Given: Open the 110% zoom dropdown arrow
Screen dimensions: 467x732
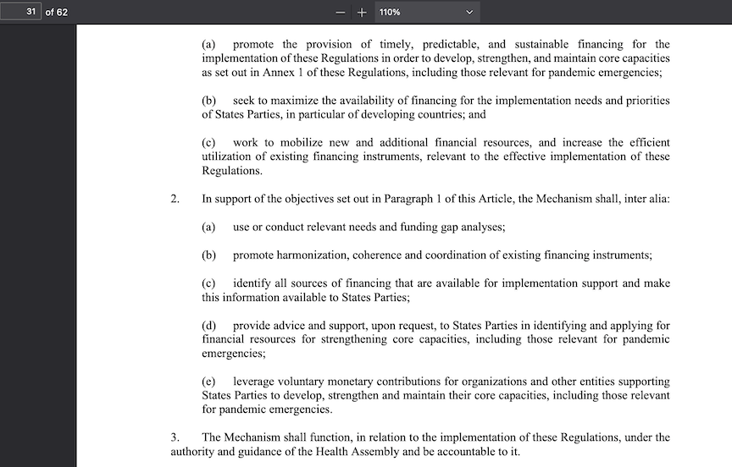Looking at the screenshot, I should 469,13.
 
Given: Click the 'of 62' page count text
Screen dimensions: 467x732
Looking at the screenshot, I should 56,12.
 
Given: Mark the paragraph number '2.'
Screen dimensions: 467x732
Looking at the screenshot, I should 175,199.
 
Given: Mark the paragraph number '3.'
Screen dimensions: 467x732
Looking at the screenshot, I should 175,437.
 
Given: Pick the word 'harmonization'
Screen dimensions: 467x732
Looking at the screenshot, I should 318,255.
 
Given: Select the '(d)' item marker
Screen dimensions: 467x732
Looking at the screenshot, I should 209,325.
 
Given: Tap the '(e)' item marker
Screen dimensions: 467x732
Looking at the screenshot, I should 209,382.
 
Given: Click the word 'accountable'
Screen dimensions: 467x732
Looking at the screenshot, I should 457,452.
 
